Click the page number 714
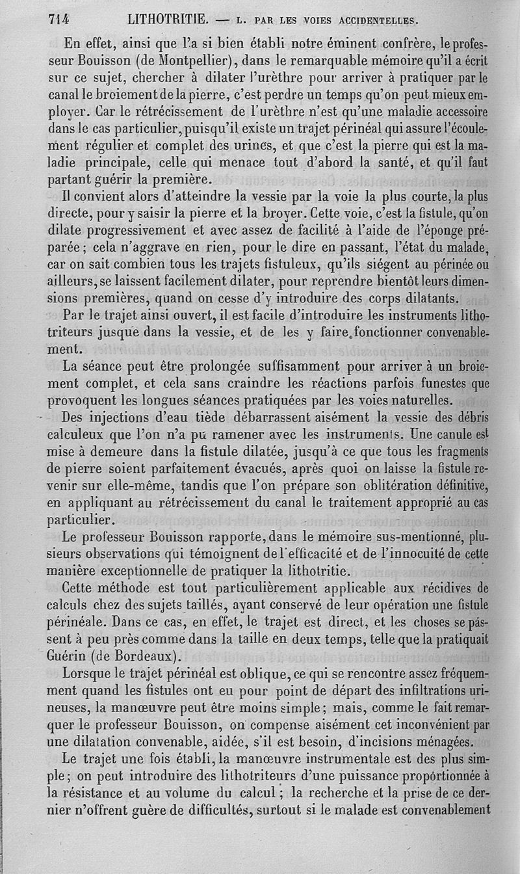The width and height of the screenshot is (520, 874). [58, 19]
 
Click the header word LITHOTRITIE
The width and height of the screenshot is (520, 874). [168, 19]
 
